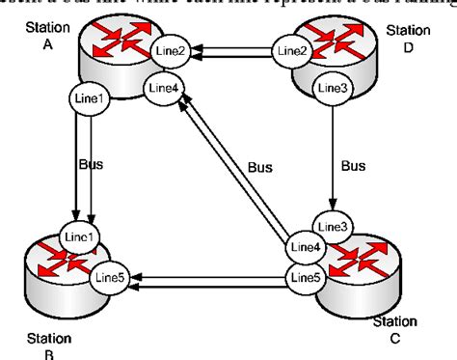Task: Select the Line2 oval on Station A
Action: [x=168, y=49]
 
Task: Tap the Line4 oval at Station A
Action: [x=163, y=90]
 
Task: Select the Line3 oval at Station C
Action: [x=333, y=228]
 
